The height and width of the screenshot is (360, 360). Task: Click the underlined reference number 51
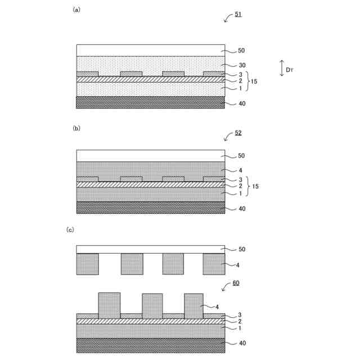238,13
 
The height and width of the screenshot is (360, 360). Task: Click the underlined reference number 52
238,133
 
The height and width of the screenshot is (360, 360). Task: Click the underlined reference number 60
236,283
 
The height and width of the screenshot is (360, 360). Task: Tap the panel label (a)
76,10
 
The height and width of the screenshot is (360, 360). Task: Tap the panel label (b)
76,128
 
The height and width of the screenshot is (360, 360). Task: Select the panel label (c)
70,229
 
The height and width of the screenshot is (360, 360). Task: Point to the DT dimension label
289,70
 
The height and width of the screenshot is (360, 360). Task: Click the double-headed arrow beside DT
281,69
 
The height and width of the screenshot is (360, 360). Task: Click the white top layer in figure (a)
150,50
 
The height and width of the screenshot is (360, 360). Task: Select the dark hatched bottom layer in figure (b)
150,208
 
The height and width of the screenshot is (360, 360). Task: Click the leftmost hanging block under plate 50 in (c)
87,264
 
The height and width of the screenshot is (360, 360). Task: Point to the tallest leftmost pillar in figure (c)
109,305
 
